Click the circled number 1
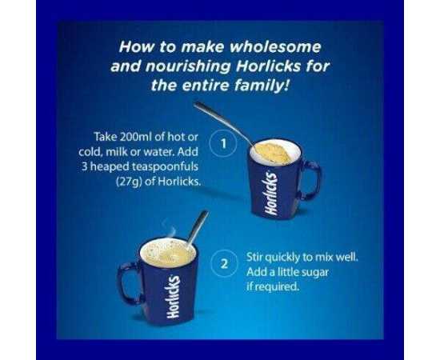tap(223, 144)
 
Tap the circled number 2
tap(224, 264)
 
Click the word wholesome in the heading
tap(275, 47)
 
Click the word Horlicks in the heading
tap(269, 66)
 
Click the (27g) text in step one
tap(129, 182)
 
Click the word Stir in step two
tap(254, 257)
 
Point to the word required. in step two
tap(274, 287)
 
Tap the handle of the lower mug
tap(126, 283)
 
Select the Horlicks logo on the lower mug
tap(173, 297)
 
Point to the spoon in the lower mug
tap(198, 228)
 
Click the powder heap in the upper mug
tap(274, 153)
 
